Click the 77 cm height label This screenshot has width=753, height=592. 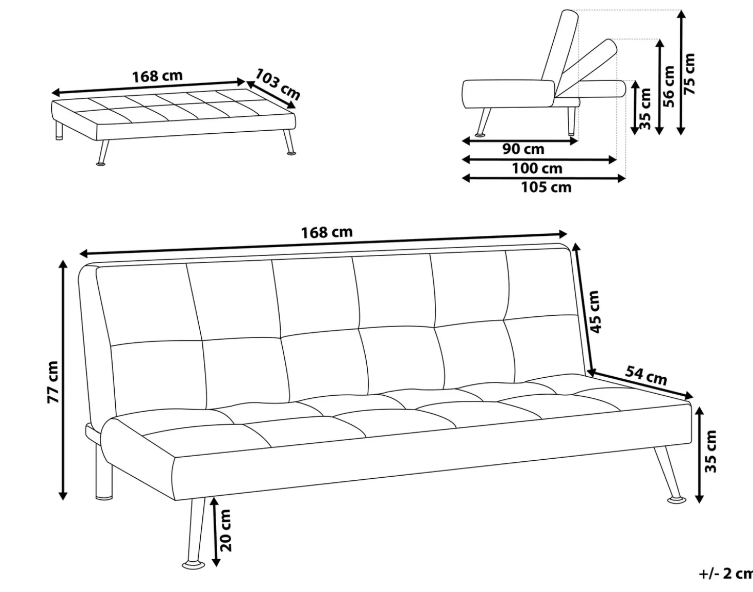point(53,382)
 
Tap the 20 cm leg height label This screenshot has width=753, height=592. point(226,530)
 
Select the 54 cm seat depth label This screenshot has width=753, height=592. point(646,376)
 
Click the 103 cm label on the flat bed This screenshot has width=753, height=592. point(278,84)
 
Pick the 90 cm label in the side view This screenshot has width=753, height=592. point(523,149)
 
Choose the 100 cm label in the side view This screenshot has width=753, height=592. point(537,169)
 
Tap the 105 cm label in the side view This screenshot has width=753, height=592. point(547,188)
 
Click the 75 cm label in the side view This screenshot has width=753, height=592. point(689,74)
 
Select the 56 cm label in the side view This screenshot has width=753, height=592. point(669,86)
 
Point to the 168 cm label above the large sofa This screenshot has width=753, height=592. point(327,232)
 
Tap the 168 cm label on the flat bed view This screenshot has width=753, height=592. point(157,76)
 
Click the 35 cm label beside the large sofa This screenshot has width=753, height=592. point(710,451)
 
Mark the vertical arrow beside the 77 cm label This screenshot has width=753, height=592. point(62,379)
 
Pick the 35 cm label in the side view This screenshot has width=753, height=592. point(645,109)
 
